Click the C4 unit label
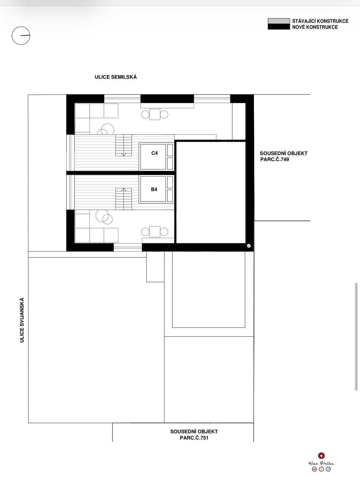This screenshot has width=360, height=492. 154,153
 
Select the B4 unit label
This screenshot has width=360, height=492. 154,189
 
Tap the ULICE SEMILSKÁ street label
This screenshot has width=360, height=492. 116,77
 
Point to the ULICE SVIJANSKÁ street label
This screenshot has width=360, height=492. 22,320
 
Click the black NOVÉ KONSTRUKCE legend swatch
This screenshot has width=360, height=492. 279,27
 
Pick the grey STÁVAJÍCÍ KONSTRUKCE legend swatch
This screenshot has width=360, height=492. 279,21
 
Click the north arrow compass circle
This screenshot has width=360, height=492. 21,36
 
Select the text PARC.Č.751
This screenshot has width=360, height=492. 194,438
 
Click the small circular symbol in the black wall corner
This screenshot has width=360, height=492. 248,246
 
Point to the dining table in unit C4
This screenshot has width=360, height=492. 155,114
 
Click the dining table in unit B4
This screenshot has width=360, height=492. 155,232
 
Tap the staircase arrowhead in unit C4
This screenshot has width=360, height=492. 124,155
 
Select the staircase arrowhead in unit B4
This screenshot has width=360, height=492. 124,189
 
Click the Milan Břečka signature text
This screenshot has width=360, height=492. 321,463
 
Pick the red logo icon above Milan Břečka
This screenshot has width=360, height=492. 322,455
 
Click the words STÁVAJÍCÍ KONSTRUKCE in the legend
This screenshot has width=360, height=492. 320,21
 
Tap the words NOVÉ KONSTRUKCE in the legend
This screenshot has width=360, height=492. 315,27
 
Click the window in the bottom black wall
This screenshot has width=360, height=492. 128,247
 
